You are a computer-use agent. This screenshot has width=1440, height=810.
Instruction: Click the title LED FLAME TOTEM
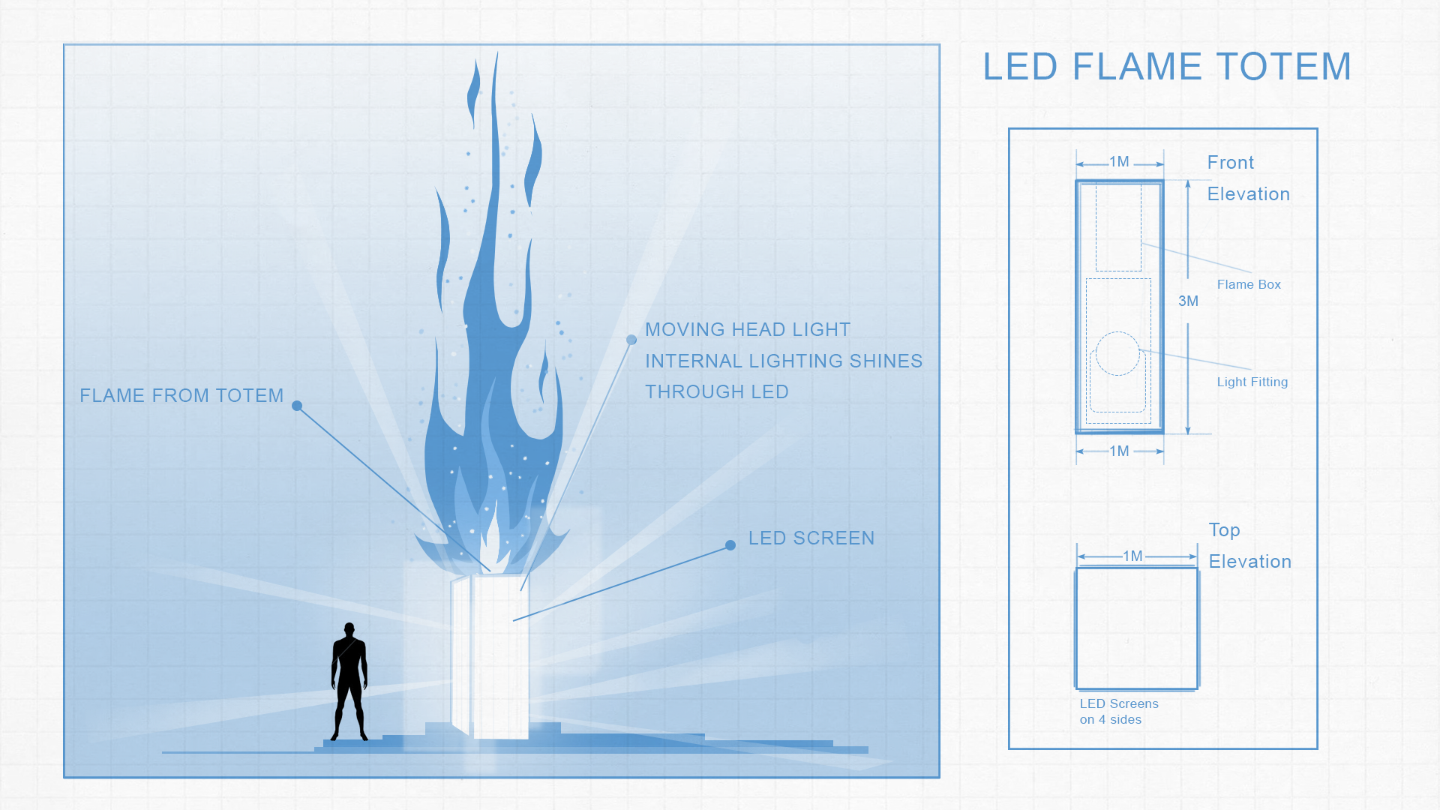1167,67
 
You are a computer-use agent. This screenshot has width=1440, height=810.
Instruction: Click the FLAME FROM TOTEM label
181,396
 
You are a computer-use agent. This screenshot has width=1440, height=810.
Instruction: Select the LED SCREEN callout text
811,538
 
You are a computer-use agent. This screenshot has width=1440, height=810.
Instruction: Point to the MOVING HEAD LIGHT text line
748,330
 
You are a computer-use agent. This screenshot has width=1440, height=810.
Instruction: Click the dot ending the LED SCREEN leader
730,545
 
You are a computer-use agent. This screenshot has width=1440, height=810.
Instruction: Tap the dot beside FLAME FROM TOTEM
297,406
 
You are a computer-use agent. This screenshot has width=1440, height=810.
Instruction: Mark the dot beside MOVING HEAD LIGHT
631,340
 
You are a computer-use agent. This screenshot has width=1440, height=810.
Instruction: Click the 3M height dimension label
1188,301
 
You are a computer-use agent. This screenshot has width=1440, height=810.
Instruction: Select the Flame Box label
1249,285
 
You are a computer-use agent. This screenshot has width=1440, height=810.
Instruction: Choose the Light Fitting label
1252,382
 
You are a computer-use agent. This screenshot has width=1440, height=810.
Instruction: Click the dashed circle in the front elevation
1117,353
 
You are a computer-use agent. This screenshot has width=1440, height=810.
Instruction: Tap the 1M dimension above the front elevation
1119,162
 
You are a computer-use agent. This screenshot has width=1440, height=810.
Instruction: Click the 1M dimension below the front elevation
1119,451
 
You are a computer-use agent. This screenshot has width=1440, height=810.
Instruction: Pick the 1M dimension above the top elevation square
1132,556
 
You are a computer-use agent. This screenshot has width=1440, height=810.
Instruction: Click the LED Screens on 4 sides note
1118,712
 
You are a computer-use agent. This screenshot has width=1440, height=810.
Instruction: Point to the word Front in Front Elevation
1230,163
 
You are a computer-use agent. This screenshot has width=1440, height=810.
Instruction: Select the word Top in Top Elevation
1224,530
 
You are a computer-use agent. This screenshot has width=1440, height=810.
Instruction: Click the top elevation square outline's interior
1136,628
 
